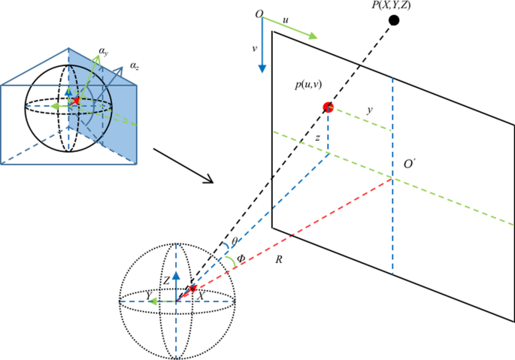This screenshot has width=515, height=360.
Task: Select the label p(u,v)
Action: point(307,86)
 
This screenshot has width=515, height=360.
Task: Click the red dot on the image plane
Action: point(328,107)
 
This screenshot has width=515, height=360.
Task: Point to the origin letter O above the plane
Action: point(259,14)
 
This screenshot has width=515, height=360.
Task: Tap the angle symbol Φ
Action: point(241,258)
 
